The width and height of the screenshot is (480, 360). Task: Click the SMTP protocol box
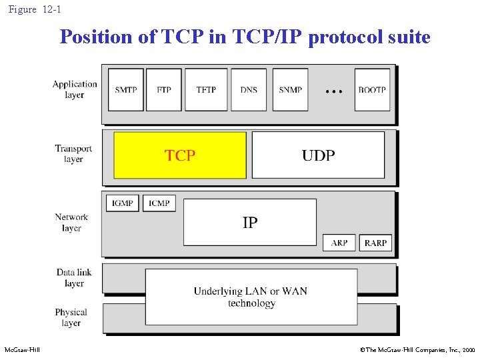coord(125,89)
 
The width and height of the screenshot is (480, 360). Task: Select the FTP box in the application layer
coord(164,89)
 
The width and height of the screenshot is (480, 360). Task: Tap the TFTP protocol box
coord(206,89)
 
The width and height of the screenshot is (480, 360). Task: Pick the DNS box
coord(249,89)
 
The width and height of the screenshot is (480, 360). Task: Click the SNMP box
coord(290,89)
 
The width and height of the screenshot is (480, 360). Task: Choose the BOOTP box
coord(372,89)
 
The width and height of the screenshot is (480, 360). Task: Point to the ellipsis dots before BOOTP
coord(333,89)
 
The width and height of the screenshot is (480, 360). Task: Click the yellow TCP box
coord(180,155)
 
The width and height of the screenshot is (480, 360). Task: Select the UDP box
coord(318,155)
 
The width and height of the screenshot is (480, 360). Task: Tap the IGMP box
coord(123,203)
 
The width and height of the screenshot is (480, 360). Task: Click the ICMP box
coord(159,203)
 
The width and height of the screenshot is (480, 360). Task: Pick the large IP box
coord(250,222)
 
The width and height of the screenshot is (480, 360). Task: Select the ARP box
coord(339,243)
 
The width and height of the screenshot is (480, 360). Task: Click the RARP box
coord(375,243)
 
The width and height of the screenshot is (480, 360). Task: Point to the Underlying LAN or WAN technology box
coord(251,297)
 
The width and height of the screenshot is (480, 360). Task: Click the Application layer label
coord(75,89)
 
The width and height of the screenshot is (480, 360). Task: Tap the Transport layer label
coord(73,154)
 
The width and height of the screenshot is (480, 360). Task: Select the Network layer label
coord(71,222)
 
